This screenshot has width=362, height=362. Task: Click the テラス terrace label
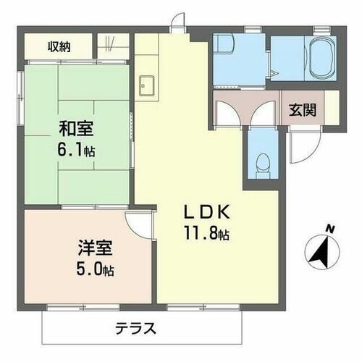[x=135, y=327]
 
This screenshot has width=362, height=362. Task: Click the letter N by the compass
[x=330, y=230]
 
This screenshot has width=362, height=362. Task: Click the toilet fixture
[x=263, y=164]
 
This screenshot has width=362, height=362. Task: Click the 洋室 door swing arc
[x=140, y=224]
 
